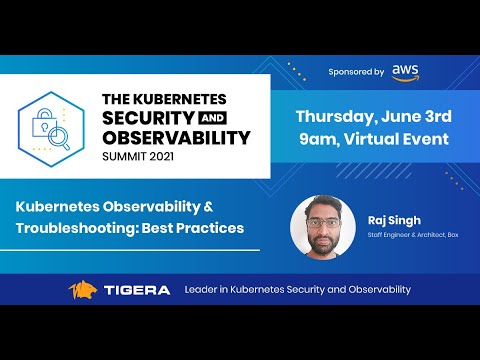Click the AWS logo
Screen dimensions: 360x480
coord(404,71)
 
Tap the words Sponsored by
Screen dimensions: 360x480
coord(356,72)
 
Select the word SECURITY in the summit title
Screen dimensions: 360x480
coord(151,119)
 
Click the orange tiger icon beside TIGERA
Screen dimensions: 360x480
coord(83,290)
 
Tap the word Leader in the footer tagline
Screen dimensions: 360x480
coord(203,290)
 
